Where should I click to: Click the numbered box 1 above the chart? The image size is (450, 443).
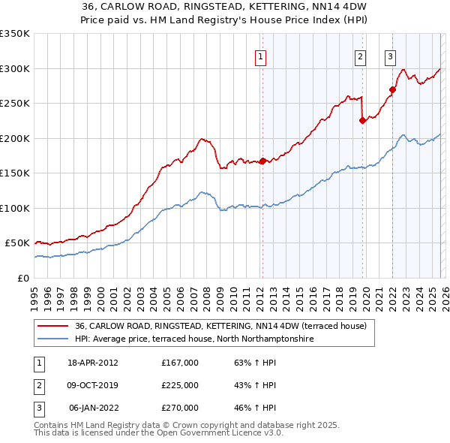click(x=260, y=56)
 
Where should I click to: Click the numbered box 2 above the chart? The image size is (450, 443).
click(x=361, y=56)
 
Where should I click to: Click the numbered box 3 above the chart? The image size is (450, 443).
click(x=391, y=56)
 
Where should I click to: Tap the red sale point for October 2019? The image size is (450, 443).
click(x=362, y=120)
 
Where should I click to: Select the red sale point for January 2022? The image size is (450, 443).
click(x=392, y=89)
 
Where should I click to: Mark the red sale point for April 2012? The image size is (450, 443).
click(x=262, y=161)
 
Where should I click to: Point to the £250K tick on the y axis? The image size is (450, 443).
click(x=15, y=104)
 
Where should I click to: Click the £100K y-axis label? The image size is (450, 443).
click(x=15, y=208)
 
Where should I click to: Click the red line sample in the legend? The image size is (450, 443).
click(x=52, y=327)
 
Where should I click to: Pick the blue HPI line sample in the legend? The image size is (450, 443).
click(x=52, y=339)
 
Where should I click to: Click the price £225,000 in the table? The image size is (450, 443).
click(x=180, y=385)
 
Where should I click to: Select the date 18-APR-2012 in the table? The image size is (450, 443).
click(x=93, y=363)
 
